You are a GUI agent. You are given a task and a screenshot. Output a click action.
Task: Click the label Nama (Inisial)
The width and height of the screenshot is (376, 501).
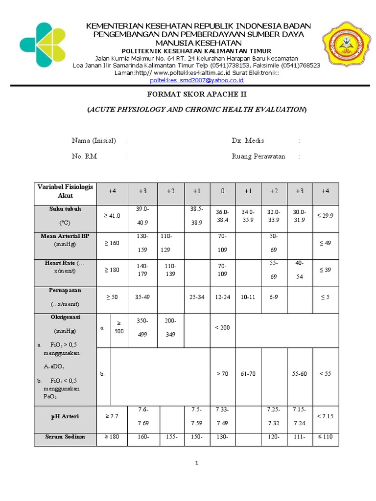point(94,141)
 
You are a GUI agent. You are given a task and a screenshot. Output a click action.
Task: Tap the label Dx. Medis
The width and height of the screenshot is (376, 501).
point(248,141)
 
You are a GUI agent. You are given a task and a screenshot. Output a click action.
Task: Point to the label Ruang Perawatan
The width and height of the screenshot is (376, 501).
point(258,157)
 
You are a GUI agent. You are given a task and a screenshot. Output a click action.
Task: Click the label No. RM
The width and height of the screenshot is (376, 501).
point(84,157)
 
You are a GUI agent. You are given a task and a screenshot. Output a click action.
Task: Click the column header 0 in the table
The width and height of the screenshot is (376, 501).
point(223,191)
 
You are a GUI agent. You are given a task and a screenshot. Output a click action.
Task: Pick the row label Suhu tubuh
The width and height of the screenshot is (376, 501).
point(65,209)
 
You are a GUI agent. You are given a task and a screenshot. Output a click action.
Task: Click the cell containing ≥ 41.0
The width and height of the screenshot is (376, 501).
point(112,216)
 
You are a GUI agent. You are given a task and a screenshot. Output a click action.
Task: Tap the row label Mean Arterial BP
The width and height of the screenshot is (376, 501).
point(65,236)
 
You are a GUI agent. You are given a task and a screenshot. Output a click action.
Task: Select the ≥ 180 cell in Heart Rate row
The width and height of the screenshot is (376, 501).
point(112,270)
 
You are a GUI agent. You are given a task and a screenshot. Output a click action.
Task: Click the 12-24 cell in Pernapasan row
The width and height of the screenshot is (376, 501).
point(223,297)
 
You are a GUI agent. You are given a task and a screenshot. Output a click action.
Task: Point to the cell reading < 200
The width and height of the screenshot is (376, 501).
point(223,328)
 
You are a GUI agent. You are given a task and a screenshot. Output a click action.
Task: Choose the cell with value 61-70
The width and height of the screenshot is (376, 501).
point(248,374)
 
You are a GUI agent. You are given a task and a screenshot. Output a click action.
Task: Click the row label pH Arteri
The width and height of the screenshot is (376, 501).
point(65,416)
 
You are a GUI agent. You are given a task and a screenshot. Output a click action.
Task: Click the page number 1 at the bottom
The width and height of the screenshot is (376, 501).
point(196,464)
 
